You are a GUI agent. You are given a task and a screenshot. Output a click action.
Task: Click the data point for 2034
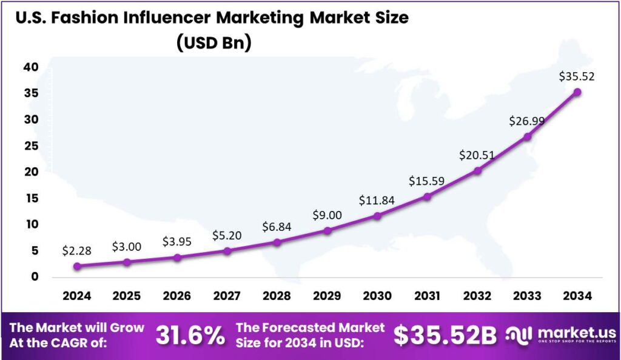pyautogui.click(x=577, y=92)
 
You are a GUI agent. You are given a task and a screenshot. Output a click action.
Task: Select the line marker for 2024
pyautogui.click(x=76, y=266)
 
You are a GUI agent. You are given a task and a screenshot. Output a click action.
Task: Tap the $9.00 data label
pyautogui.click(x=327, y=215)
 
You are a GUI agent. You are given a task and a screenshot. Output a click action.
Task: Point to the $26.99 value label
pyautogui.click(x=527, y=121)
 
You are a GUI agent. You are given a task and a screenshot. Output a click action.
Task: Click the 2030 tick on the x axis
pyautogui.click(x=377, y=296)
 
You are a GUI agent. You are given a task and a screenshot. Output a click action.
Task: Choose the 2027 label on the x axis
pyautogui.click(x=227, y=296)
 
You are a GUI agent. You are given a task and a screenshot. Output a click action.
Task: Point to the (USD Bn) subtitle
pyautogui.click(x=212, y=43)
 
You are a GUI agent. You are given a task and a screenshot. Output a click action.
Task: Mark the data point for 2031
pyautogui.click(x=427, y=196)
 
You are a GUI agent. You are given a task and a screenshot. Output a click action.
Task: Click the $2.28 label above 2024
pyautogui.click(x=76, y=250)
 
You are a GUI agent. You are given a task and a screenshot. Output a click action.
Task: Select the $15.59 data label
pyautogui.click(x=427, y=180)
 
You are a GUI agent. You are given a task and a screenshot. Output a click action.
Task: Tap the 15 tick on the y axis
pyautogui.click(x=31, y=198)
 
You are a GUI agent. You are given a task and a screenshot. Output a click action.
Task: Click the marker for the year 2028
pyautogui.click(x=277, y=242)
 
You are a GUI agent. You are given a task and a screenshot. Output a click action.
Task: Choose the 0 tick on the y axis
pyautogui.click(x=35, y=277)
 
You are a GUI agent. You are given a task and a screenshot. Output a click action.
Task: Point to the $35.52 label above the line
pyautogui.click(x=576, y=76)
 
